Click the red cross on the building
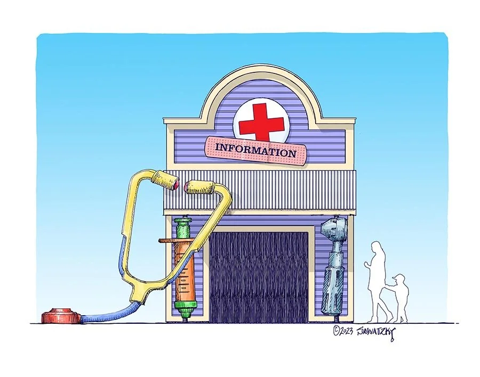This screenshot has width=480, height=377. [x=261, y=122]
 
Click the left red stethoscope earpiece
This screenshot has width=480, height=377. [x=174, y=184]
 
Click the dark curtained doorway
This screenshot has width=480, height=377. [x=258, y=277]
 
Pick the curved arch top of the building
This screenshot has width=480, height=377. [x=261, y=75]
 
